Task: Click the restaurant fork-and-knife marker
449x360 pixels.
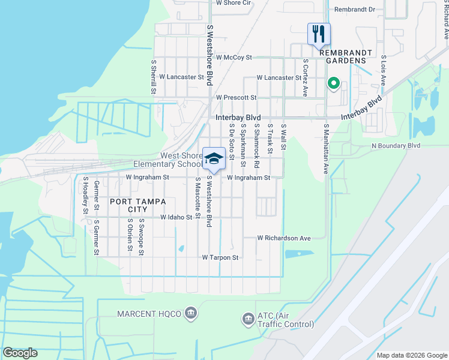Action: tap(319, 34)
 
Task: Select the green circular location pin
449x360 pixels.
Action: tap(332, 84)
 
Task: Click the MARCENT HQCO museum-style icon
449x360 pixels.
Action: tap(191, 313)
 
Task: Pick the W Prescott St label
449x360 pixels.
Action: tap(236, 97)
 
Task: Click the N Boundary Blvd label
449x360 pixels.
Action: tap(396, 146)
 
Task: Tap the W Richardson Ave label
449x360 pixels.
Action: tap(284, 238)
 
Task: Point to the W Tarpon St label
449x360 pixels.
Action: tap(220, 257)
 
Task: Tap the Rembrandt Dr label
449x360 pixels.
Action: tap(354, 10)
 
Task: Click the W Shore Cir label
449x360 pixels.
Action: tap(233, 3)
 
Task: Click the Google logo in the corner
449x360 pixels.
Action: tap(20, 353)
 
